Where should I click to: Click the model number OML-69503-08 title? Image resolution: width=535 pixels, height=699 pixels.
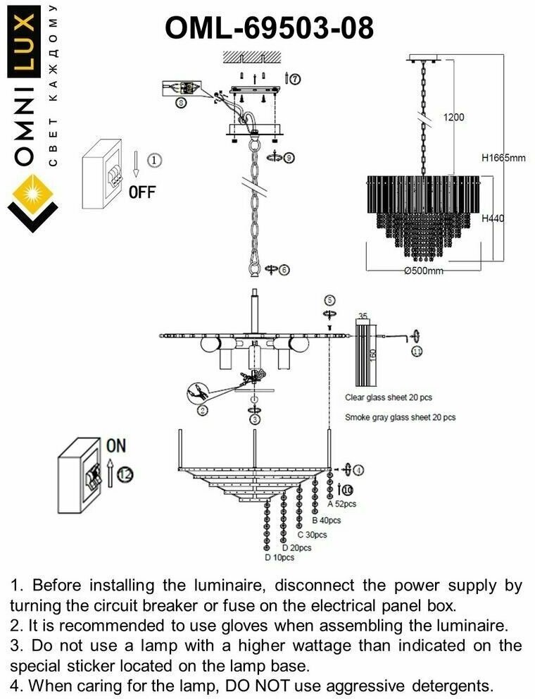(269, 30)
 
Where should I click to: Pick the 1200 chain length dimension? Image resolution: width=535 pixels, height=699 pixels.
(453, 118)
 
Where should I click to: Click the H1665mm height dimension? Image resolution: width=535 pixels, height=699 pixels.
(503, 158)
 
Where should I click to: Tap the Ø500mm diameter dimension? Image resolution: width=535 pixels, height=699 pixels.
(423, 272)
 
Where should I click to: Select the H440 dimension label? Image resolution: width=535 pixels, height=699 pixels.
(493, 219)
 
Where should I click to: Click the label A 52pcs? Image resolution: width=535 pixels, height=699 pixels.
(343, 505)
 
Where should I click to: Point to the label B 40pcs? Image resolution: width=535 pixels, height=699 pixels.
(326, 521)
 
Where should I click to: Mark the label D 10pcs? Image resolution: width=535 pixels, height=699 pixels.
(279, 557)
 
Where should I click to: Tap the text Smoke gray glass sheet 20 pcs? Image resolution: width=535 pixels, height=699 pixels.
(400, 417)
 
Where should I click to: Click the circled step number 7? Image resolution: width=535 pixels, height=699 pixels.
(295, 79)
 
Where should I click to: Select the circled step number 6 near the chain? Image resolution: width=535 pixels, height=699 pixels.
(284, 270)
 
